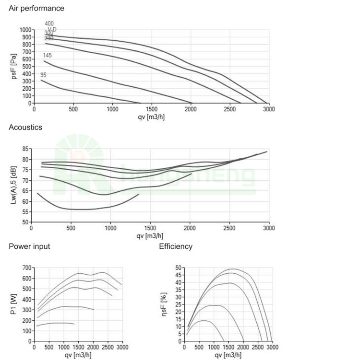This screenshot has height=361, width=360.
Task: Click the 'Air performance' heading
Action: click(36, 9)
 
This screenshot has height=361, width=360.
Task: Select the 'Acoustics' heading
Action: click(25, 128)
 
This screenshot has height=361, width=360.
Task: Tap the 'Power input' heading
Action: click(29, 246)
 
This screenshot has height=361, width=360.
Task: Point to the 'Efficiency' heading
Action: click(176, 246)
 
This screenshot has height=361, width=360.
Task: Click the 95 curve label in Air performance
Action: click(43, 75)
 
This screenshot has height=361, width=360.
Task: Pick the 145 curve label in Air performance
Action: click(47, 56)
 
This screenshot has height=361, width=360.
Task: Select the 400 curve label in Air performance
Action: click(49, 23)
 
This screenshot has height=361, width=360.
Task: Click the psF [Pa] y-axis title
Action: click(14, 67)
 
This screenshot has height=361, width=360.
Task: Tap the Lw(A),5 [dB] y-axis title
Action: click(14, 186)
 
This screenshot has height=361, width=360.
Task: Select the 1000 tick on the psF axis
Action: click(24, 30)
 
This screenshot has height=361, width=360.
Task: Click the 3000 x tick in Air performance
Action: click(269, 109)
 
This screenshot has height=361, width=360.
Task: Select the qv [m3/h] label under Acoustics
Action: click(151, 235)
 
